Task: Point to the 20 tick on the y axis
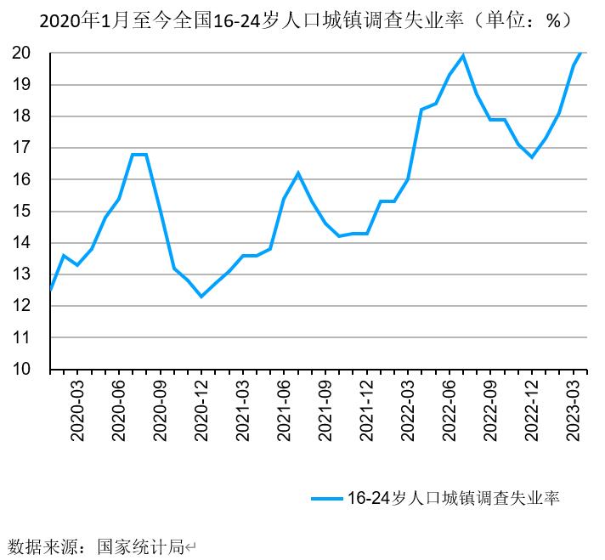pos(23,53)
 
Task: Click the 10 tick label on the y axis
pos(23,370)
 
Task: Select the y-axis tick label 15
pos(23,211)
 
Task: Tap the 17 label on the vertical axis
pos(23,148)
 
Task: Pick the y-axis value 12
pos(23,306)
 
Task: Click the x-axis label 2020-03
pos(77,411)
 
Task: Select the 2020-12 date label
pos(202,411)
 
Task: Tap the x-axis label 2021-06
pos(285,411)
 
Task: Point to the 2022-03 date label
pos(409,411)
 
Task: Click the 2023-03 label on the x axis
pos(574,411)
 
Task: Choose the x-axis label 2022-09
pos(491,411)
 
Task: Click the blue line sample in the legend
pos(326,498)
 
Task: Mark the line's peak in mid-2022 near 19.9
pos(463,56)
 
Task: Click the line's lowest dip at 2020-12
pos(201,297)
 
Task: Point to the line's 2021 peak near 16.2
pos(298,173)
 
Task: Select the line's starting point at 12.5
pos(51,290)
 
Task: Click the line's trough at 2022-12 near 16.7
pos(532,157)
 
